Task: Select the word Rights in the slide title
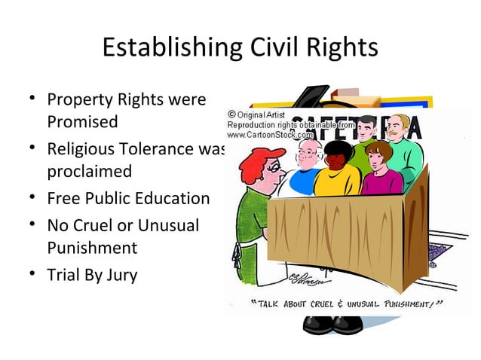342,48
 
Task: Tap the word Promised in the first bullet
83,121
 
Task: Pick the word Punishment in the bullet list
92,248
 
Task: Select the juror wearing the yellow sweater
336,178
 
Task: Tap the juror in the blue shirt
306,178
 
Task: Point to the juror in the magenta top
381,178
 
